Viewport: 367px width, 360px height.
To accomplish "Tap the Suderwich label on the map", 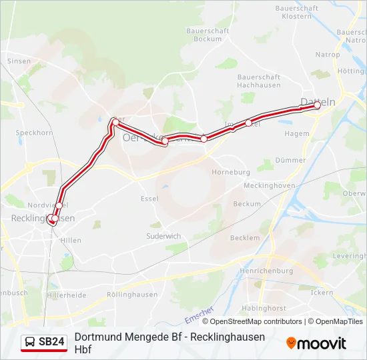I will (163, 236).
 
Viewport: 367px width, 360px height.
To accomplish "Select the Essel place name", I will (149, 198).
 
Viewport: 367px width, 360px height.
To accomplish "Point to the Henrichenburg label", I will (266, 271).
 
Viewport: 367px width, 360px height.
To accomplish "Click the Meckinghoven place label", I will (270, 185).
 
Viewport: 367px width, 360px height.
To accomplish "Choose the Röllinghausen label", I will (132, 295).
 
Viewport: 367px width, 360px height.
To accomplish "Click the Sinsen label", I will (19, 61).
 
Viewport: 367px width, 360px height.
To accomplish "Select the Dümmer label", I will (290, 160).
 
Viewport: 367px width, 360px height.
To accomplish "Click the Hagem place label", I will (297, 133).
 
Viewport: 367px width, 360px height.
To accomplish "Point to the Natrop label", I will (328, 55).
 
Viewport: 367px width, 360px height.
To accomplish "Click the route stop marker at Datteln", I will (317, 105).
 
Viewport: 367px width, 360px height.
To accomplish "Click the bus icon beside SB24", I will (30, 343).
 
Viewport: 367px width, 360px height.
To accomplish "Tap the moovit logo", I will (316, 343).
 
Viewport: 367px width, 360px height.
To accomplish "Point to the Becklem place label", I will (244, 237).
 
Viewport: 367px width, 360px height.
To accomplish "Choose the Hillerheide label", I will (67, 295).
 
